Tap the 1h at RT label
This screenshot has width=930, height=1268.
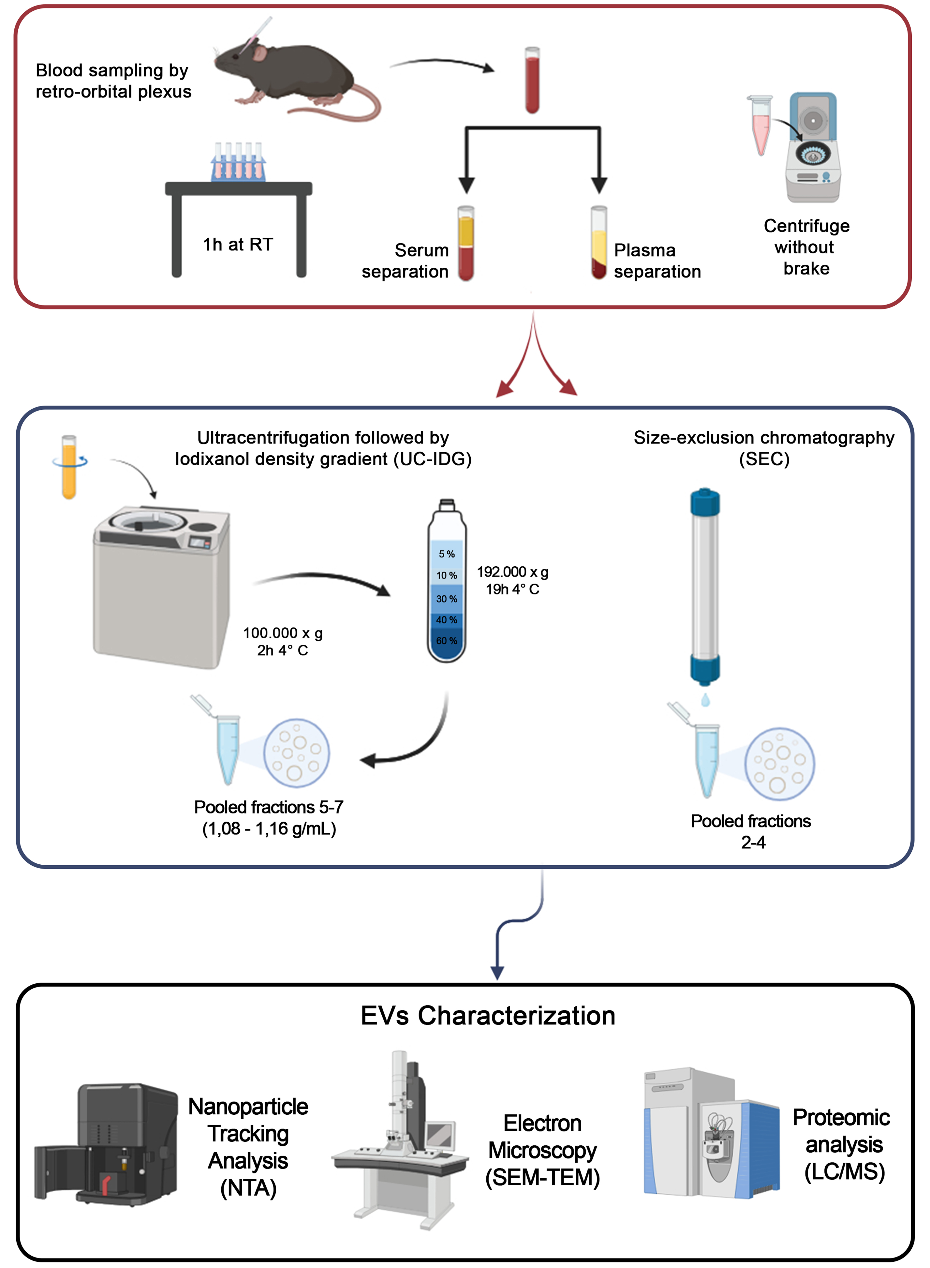point(238,244)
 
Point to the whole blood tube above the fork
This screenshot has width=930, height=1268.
point(532,80)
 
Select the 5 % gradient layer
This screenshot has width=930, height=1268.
point(446,554)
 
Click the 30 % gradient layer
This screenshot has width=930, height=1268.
point(446,598)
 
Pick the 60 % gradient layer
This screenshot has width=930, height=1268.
point(446,641)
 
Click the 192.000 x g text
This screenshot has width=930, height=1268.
point(512,572)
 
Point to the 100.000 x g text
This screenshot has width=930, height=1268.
point(283,633)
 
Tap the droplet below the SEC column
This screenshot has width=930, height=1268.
point(705,700)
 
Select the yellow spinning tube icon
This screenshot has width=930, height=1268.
point(69,467)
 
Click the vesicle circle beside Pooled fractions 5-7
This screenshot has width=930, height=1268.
point(297,753)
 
